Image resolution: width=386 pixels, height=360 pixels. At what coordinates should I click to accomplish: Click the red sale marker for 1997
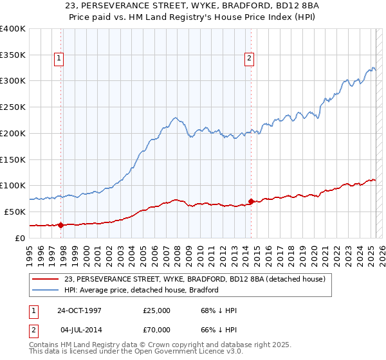61,225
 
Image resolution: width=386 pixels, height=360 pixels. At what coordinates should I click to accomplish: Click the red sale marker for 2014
251,201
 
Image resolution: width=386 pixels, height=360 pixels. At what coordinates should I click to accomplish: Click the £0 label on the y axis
21,238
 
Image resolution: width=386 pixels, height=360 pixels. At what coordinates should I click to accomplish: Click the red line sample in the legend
46,279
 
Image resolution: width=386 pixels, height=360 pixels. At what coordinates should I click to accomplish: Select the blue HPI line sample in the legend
46,290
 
